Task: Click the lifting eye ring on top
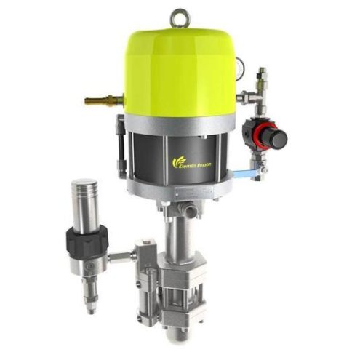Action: pyautogui.click(x=180, y=15)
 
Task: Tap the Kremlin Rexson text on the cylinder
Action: pyautogui.click(x=191, y=165)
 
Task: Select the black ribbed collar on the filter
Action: pyautogui.click(x=88, y=239)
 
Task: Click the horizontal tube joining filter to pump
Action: pyautogui.click(x=123, y=255)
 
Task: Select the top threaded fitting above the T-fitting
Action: pyautogui.click(x=261, y=76)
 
